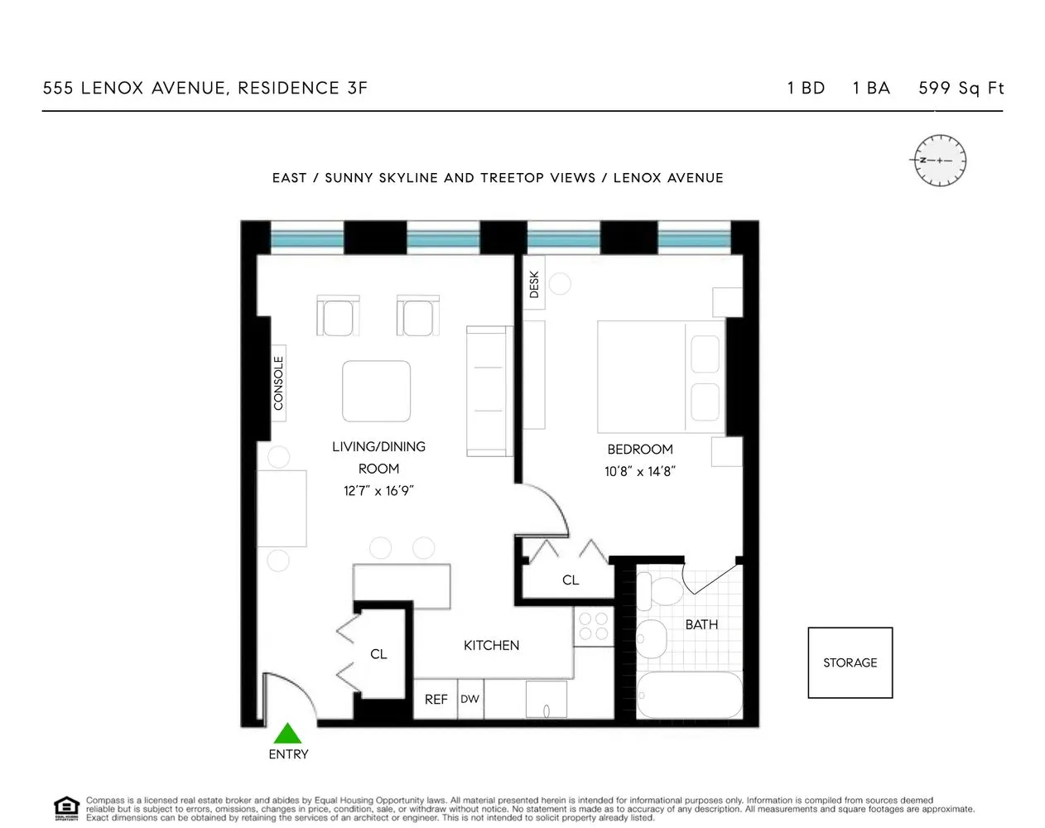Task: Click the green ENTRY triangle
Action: click(287, 733)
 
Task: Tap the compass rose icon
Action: click(940, 159)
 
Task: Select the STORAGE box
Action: click(850, 662)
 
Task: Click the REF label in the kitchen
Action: click(436, 700)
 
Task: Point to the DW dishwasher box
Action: click(470, 699)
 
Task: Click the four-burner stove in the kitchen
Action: click(592, 626)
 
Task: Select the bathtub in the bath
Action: click(689, 696)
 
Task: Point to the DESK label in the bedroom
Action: click(534, 285)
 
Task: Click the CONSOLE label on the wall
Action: click(278, 383)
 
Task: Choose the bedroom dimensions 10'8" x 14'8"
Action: click(640, 472)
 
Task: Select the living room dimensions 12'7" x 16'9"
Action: click(378, 490)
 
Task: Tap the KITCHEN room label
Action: click(491, 645)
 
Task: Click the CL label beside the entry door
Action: click(378, 654)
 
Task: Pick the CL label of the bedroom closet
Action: click(571, 580)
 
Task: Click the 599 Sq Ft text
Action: click(961, 88)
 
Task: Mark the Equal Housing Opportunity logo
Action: click(65, 807)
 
